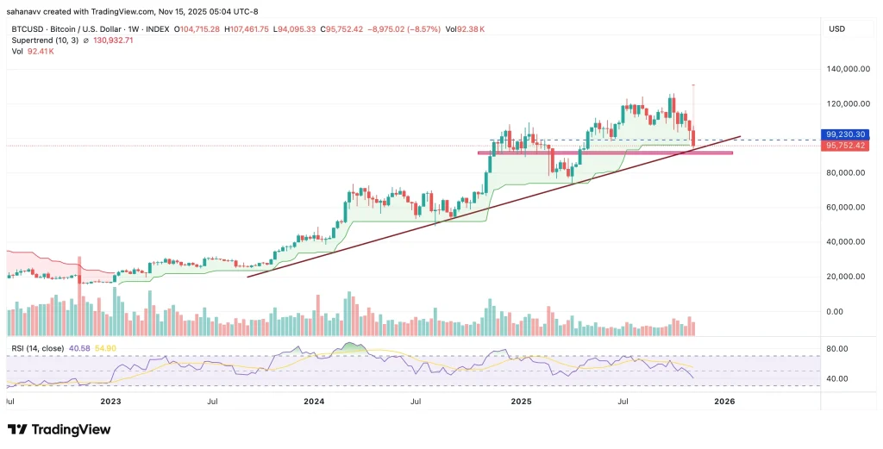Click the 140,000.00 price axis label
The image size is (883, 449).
click(x=846, y=69)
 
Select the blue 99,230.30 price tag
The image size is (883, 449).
click(x=846, y=135)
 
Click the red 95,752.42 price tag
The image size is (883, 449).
click(x=846, y=146)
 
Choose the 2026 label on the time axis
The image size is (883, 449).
click(x=723, y=402)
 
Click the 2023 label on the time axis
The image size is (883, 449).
click(x=110, y=402)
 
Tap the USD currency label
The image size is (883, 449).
click(x=836, y=28)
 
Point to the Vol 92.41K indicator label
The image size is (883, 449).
click(x=32, y=52)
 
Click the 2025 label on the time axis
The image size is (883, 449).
click(x=520, y=402)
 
